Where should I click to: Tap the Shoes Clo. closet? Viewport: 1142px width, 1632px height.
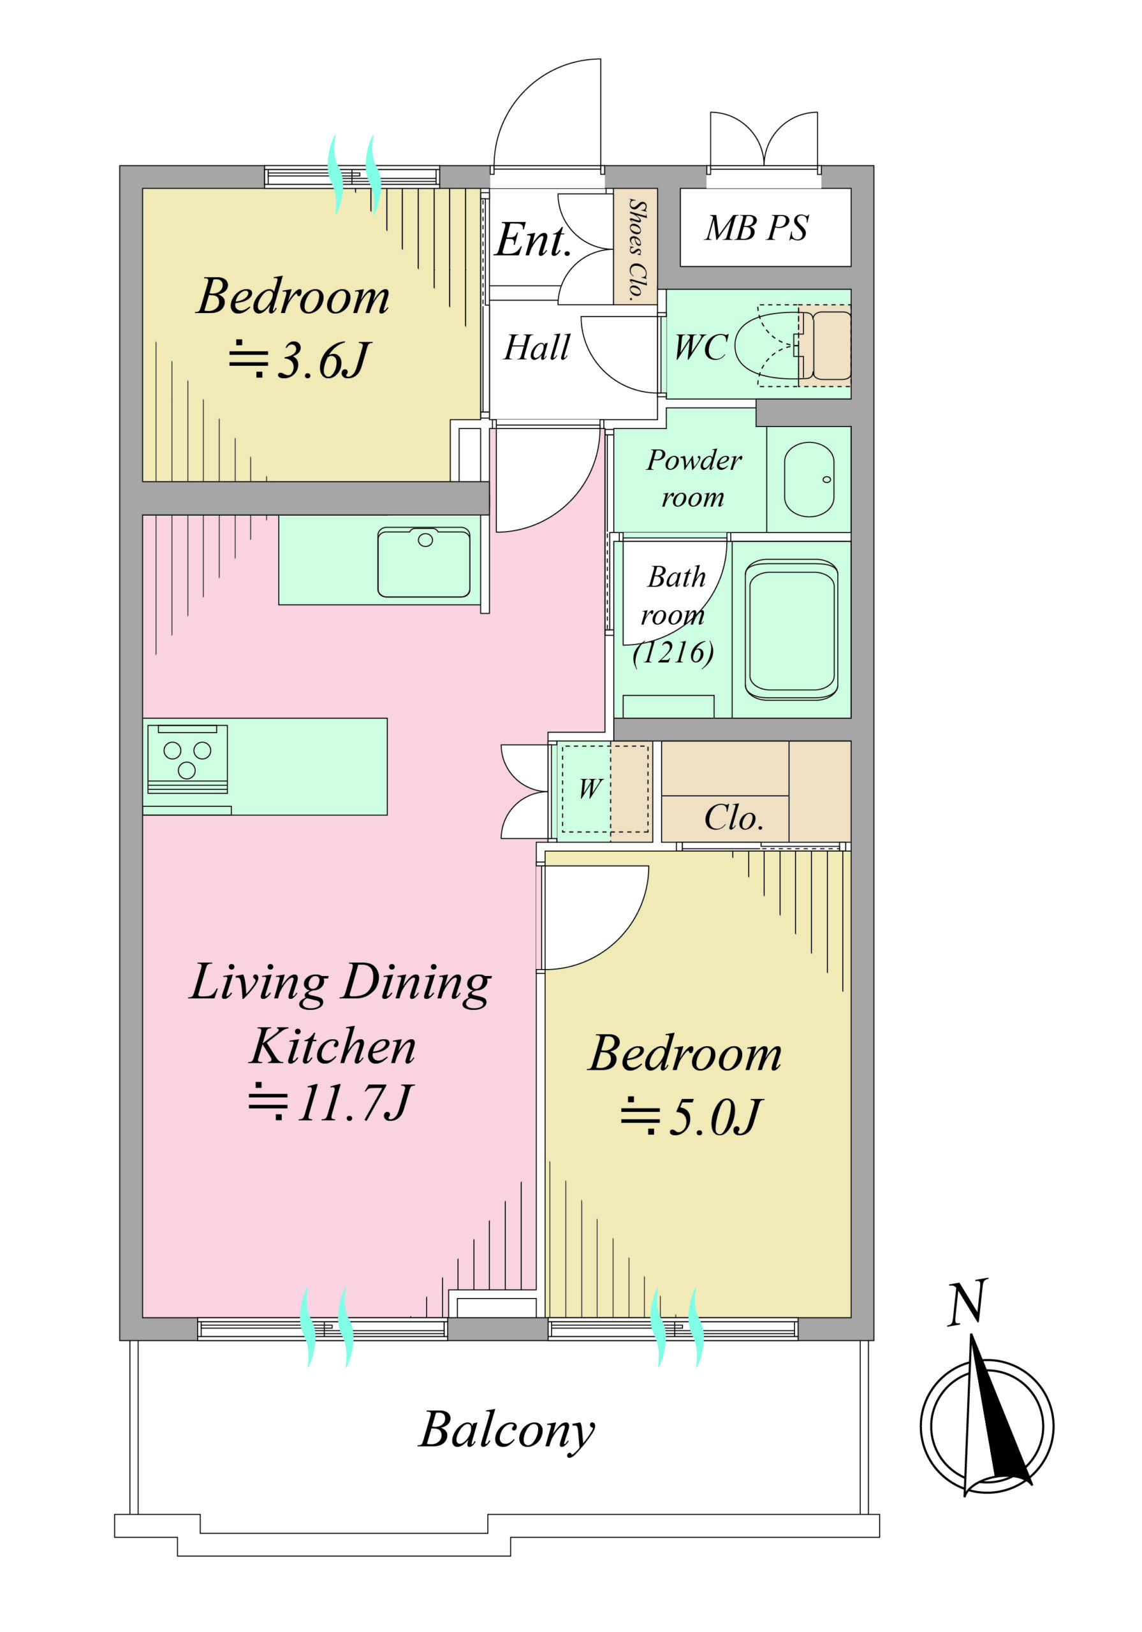[x=635, y=246]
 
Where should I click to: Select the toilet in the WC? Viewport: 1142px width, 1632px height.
[x=792, y=346]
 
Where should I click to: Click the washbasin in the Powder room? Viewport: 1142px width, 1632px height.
[x=809, y=479]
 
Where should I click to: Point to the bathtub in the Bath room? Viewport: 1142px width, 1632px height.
[x=791, y=630]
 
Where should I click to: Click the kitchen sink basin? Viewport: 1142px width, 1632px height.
[x=423, y=562]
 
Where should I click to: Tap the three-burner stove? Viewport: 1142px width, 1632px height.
[x=187, y=759]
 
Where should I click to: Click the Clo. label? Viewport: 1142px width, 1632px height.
[x=734, y=817]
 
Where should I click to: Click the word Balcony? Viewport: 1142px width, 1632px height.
[x=506, y=1430]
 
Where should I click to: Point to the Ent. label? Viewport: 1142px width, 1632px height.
[x=533, y=240]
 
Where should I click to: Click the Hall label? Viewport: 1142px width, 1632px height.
[x=537, y=347]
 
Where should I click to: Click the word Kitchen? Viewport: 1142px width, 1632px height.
[x=333, y=1045]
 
